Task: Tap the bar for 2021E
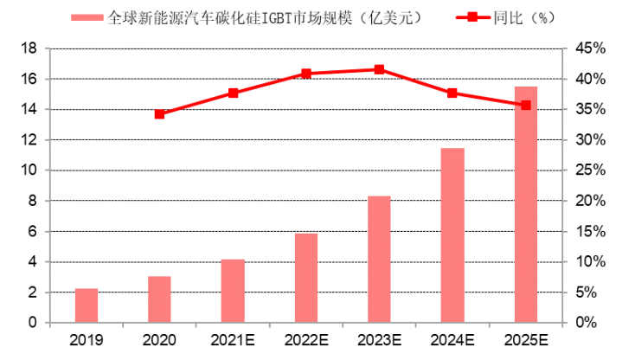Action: (233, 291)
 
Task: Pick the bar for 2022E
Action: (306, 278)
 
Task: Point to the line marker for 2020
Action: (159, 113)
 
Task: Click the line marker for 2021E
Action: (233, 93)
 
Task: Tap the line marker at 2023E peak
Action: (379, 69)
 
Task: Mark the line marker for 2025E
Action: (525, 105)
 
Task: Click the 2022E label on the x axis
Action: (306, 339)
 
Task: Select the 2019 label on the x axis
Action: (87, 339)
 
